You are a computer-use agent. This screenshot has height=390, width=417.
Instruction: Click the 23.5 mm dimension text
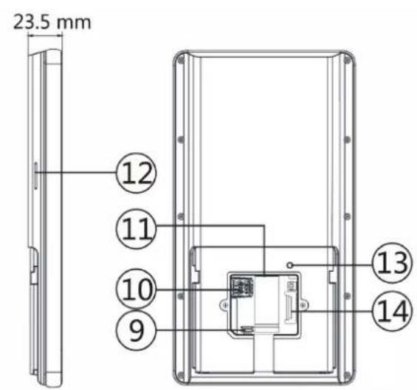point(52,22)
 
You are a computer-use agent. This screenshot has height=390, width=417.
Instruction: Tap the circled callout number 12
point(137,173)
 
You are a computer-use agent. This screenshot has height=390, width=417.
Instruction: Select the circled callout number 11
point(137,228)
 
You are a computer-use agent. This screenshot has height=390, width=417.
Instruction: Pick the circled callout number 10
point(137,289)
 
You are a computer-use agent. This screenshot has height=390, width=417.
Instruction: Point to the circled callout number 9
point(137,330)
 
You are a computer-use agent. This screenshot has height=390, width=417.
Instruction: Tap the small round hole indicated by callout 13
point(290,265)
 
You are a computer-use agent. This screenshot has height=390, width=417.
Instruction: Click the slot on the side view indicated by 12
point(35,175)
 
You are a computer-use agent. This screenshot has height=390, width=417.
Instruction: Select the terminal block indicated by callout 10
point(242,287)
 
